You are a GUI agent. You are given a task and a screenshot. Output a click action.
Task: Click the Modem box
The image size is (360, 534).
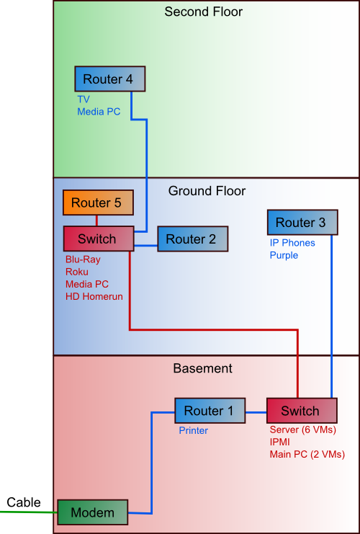pos(92,512)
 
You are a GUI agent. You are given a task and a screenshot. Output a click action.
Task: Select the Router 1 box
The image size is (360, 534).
pos(210,411)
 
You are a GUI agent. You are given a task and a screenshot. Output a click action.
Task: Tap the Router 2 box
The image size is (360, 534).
pos(192,239)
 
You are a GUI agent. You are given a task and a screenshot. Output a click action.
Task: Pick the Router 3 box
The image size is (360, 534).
pos(302,223)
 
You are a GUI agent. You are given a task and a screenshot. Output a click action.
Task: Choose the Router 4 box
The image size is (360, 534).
pos(110,79)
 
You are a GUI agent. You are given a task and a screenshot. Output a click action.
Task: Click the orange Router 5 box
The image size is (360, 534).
pos(98,203)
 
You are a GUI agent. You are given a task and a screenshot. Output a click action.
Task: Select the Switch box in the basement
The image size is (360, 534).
pos(302,411)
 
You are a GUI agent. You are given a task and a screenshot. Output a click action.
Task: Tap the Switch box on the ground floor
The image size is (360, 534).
pos(98,239)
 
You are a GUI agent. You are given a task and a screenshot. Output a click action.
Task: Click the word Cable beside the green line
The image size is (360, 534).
pos(24,502)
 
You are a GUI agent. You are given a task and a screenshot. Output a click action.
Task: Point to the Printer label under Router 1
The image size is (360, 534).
pos(193,430)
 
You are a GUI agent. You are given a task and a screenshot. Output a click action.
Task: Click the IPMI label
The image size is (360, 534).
pos(279,442)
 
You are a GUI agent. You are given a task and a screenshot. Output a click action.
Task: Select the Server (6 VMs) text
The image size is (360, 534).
pos(303,430)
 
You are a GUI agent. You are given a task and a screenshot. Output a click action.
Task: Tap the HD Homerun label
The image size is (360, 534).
pos(94,297)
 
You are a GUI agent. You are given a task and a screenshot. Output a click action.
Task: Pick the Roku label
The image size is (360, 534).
pos(77,272)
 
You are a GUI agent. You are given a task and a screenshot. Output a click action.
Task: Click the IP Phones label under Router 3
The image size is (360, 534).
pos(292,243)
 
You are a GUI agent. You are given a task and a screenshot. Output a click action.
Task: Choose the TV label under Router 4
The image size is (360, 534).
pos(84,99)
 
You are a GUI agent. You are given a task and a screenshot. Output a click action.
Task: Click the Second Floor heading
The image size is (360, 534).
pos(204,12)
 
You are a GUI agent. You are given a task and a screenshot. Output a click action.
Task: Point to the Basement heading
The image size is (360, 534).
pos(203,368)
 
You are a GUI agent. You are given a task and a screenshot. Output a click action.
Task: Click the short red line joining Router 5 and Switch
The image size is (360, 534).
pos(97,221)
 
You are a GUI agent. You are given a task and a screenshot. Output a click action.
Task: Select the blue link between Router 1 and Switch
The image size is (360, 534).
pos(256,413)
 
